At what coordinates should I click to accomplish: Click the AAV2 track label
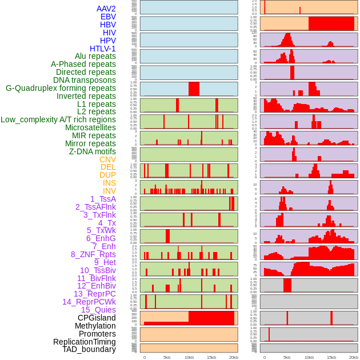106,9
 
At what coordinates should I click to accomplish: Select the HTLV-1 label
102,49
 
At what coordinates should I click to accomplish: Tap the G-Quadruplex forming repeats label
61,89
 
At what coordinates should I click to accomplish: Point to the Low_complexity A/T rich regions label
58,119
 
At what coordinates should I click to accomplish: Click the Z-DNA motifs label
92,151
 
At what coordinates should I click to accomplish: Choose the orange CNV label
107,159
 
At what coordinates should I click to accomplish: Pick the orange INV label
109,191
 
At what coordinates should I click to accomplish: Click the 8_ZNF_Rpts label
93,254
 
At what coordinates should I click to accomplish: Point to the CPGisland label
97,318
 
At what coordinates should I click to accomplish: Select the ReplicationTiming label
85,342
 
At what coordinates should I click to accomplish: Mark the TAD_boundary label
89,349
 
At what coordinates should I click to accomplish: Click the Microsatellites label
90,127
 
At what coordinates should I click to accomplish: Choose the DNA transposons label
85,81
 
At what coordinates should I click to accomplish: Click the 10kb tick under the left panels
189,357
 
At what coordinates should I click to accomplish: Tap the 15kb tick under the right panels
331,357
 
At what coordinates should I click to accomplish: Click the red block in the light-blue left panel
194,89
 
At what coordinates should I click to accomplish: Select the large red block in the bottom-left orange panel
211,318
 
